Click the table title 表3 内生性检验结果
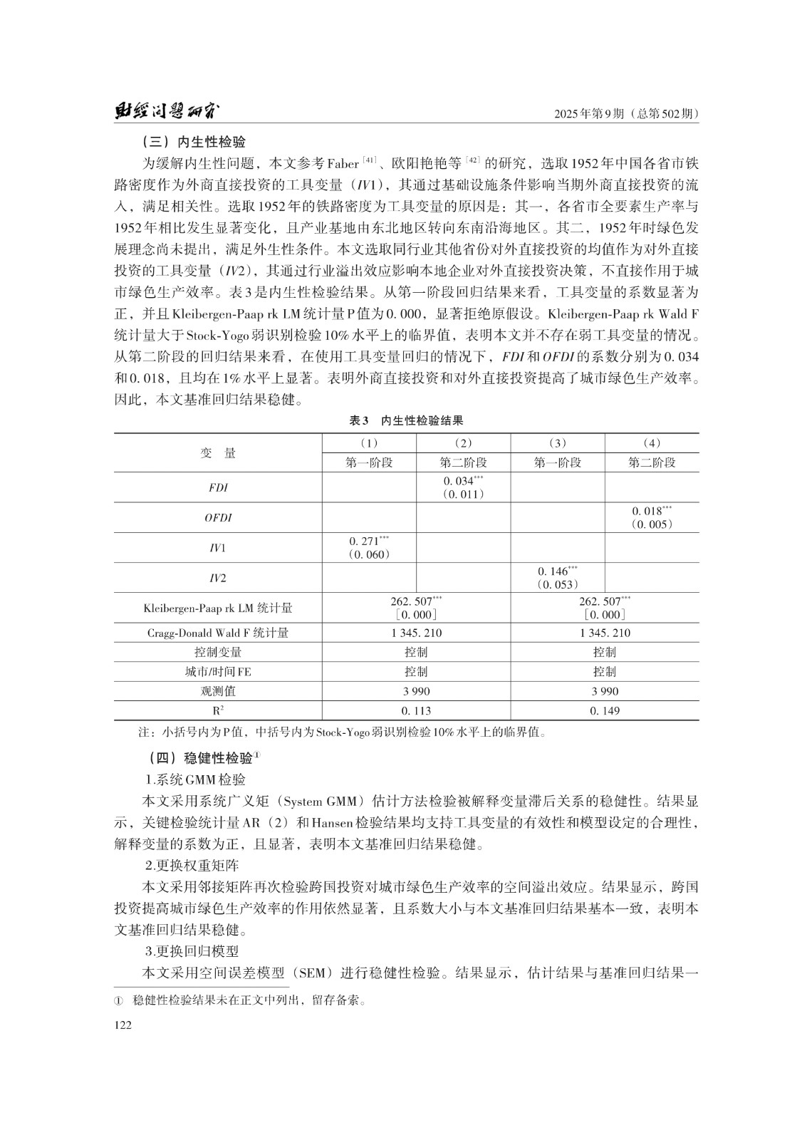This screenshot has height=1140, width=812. coord(406,421)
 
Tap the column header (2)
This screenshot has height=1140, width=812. coord(463,443)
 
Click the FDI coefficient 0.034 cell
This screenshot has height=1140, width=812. coord(463,487)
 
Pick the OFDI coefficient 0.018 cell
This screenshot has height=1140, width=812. coord(652,517)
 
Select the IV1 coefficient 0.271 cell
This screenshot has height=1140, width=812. coord(369,547)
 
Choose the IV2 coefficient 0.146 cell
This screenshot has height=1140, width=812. coord(558,577)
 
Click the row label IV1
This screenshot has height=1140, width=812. coord(218,548)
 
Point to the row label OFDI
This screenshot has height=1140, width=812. coord(218,518)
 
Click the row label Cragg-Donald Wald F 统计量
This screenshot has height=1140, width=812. coord(218,633)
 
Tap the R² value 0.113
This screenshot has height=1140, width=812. coord(416,710)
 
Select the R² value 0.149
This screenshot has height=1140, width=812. coord(605,710)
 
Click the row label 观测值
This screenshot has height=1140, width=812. coord(218,691)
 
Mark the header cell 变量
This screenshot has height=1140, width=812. coord(218,453)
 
